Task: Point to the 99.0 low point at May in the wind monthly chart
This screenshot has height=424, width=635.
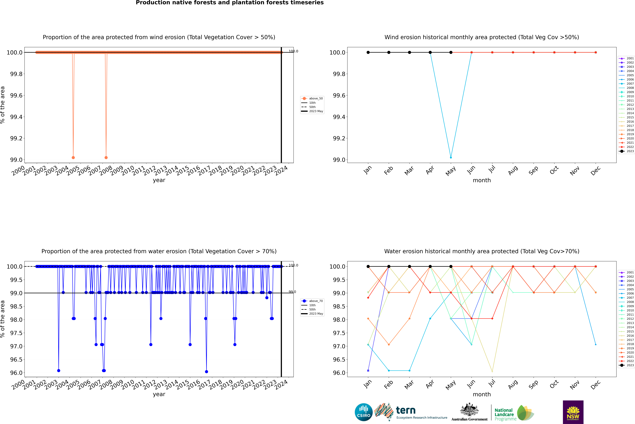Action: click(x=451, y=157)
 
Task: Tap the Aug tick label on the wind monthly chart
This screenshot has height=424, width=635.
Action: click(x=513, y=170)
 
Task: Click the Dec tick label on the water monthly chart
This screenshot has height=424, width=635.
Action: click(x=596, y=385)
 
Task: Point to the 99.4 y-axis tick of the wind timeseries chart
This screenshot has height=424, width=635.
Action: click(x=16, y=117)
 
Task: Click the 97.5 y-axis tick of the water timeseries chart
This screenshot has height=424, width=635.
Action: click(x=16, y=333)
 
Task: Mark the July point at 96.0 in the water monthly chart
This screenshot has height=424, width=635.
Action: click(x=492, y=371)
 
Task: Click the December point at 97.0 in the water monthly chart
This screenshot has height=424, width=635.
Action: click(x=596, y=344)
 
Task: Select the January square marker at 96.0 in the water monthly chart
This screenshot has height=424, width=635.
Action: click(x=368, y=370)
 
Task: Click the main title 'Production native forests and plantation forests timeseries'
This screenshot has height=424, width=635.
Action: click(x=230, y=3)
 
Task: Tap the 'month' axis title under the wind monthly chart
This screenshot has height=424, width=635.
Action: click(x=482, y=180)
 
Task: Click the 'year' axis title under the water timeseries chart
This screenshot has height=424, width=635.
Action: click(x=159, y=394)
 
